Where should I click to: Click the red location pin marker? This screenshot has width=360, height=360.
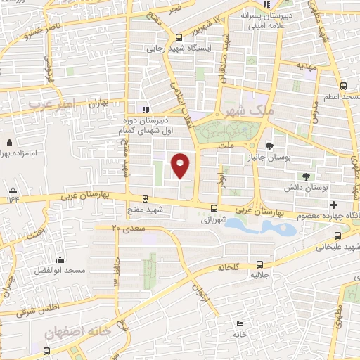click(x=181, y=165)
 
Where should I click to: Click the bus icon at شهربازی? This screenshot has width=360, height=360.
click(x=214, y=207)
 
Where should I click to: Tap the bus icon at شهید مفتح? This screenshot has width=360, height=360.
click(x=145, y=199)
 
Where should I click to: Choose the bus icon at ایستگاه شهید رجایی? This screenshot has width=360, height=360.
click(x=179, y=37)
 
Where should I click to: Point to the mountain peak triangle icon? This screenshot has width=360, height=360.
click(x=13, y=191)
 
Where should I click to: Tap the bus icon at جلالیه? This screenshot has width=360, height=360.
click(x=260, y=264)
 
